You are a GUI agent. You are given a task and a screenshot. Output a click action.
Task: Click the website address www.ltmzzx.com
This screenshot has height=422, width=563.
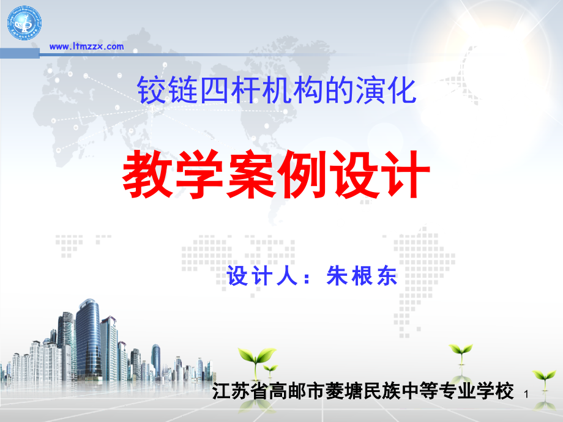86,46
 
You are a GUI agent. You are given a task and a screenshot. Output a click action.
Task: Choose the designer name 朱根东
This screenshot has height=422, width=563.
362,277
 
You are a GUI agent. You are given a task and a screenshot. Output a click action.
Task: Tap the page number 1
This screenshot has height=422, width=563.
527,397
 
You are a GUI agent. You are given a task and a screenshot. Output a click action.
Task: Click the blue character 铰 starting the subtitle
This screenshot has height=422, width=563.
147,90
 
